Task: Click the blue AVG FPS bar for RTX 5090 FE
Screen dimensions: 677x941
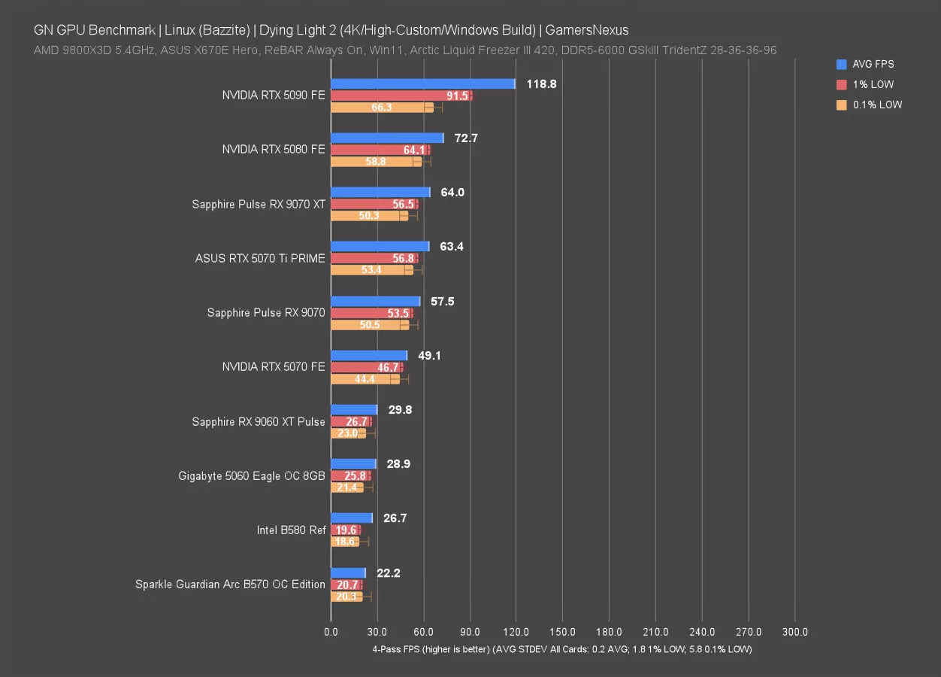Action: [422, 83]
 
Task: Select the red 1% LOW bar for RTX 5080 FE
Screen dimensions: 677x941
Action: [380, 150]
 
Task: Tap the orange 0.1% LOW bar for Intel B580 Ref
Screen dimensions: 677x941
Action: [345, 542]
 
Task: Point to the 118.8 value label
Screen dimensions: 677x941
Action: [541, 84]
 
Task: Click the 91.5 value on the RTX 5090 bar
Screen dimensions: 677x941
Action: [457, 96]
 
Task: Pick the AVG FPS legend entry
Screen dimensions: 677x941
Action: [873, 64]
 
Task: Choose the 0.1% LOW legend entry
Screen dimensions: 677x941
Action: [877, 105]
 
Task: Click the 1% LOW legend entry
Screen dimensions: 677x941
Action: [873, 84]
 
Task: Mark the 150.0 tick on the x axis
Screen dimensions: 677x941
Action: [563, 632]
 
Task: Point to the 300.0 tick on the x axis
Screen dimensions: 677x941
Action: [795, 632]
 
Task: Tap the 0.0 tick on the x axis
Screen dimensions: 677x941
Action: [331, 632]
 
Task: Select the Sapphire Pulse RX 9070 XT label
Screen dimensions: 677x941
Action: [259, 204]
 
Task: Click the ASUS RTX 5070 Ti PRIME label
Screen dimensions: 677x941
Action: [260, 258]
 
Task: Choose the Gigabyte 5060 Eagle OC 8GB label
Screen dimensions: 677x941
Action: [252, 475]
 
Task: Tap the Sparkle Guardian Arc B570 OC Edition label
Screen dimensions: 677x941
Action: [230, 584]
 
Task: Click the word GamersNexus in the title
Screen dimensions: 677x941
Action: [588, 30]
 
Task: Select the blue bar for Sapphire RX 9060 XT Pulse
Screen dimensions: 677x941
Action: [354, 410]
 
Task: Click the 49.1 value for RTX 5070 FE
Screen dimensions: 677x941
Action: [429, 356]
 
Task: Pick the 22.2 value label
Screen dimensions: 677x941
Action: [389, 573]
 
